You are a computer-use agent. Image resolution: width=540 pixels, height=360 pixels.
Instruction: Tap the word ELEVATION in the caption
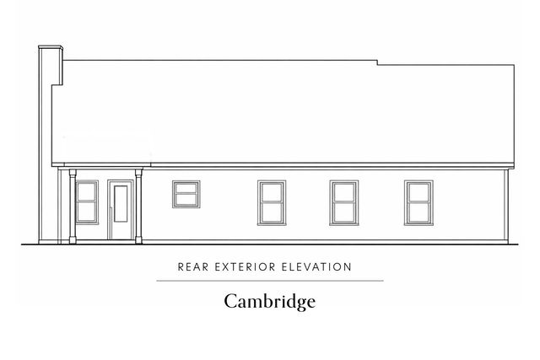(x=318, y=267)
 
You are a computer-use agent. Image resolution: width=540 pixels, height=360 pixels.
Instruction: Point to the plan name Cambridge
(x=269, y=300)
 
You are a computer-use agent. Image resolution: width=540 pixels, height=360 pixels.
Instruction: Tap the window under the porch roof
(x=87, y=202)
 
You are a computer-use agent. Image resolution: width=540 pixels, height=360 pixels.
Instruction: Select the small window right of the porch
(x=186, y=194)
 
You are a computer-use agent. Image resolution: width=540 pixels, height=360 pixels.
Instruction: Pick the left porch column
(x=73, y=207)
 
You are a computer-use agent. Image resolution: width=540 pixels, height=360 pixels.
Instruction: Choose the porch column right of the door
(x=138, y=207)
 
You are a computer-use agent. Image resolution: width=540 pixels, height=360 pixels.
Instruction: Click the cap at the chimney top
(x=51, y=47)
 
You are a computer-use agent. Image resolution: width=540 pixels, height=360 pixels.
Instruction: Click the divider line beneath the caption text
(x=269, y=281)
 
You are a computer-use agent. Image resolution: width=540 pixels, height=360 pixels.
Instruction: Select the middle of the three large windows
(x=343, y=202)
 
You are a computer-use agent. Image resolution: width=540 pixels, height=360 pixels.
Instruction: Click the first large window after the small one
(x=271, y=202)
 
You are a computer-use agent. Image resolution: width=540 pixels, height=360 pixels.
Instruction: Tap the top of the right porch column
(x=138, y=171)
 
